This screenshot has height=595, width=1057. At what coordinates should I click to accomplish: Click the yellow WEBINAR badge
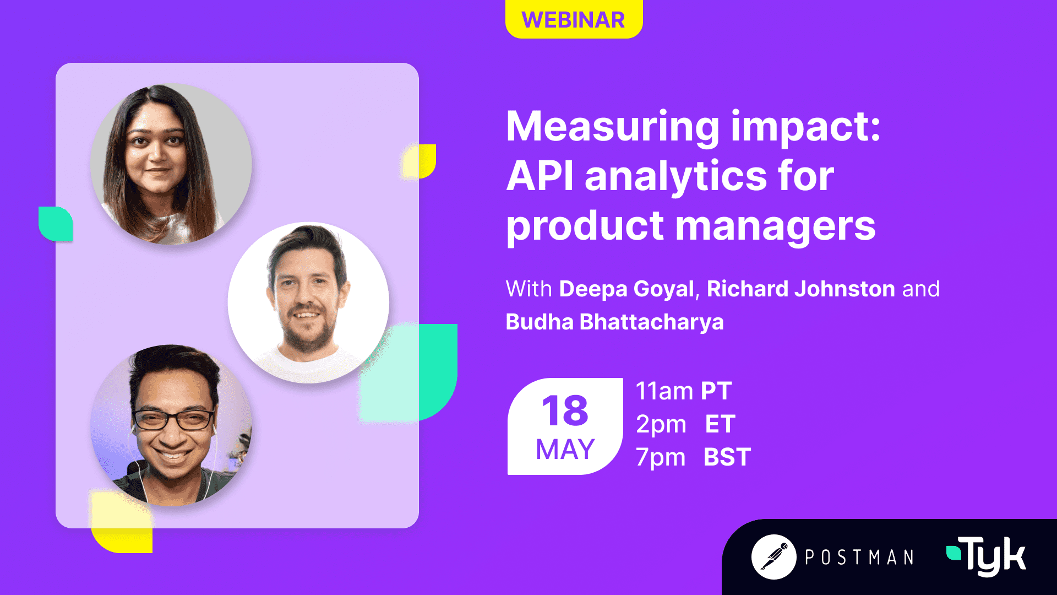coord(574,19)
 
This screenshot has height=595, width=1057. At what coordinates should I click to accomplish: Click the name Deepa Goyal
coord(626,289)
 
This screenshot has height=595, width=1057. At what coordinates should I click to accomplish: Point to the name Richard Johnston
coord(801,289)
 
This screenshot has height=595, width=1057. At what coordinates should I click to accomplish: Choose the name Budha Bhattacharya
coord(614,322)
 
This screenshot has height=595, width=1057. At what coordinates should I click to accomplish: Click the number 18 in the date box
coord(565,410)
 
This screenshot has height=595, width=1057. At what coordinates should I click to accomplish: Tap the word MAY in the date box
coord(565,449)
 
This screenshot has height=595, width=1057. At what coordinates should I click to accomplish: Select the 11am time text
coord(664,391)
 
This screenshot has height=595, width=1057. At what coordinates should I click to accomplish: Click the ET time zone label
coord(720,424)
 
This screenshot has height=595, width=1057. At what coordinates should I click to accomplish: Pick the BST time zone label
coord(727,457)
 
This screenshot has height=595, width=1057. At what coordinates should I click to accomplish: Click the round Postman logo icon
coord(774,557)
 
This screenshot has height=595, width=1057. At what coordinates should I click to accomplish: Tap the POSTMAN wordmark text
coord(859,558)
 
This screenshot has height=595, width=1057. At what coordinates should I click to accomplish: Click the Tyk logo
coord(986,556)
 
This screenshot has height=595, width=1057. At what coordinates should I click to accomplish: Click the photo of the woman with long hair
coord(171,164)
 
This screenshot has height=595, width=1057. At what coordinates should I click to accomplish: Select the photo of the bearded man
coord(308,302)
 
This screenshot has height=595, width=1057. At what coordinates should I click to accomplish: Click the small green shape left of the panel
coord(56,224)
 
